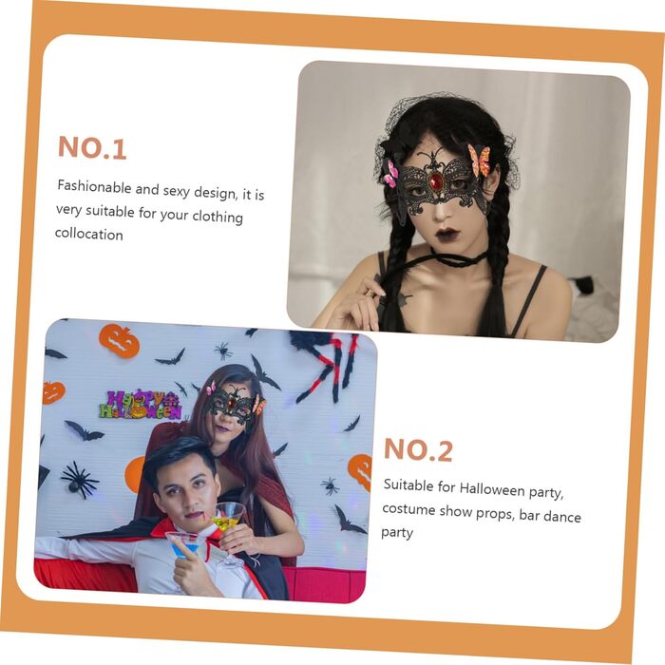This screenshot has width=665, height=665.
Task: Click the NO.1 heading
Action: [x=92, y=147]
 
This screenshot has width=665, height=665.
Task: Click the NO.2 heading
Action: [x=418, y=449]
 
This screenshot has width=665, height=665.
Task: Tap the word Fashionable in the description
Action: [x=94, y=186]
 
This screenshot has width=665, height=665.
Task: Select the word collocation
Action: [x=89, y=234]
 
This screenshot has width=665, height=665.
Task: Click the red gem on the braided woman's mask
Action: [x=435, y=182]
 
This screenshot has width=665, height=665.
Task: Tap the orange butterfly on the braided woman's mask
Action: [x=479, y=160]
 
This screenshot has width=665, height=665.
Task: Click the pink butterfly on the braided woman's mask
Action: [x=390, y=173]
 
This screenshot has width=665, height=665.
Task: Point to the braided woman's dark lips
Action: [x=447, y=234]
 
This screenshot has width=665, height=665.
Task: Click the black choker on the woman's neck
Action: [x=460, y=259]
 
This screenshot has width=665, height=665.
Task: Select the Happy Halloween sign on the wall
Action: [x=141, y=405]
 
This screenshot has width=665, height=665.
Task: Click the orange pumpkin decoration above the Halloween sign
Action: [x=119, y=340]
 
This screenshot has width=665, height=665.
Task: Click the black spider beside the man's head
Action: [x=79, y=480]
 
